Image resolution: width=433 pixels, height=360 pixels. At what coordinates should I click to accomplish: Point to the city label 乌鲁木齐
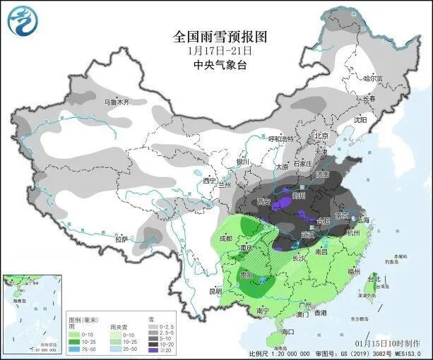pyautogui.click(x=117, y=102)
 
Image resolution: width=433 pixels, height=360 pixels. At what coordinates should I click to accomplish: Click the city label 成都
pyautogui.click(x=225, y=239)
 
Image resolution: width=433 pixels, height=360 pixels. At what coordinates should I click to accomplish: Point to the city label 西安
pyautogui.click(x=265, y=202)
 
